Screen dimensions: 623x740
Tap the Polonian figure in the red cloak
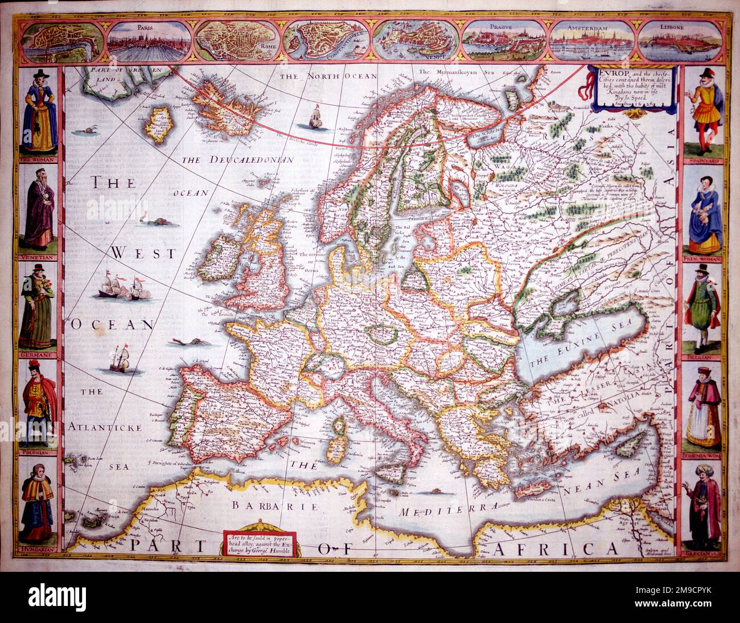(x=38, y=404)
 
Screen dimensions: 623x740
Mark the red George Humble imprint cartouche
(x=258, y=543)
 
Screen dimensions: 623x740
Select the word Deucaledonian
(x=237, y=160)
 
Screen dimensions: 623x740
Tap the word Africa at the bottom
(x=554, y=548)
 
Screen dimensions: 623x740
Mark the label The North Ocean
(x=324, y=76)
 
